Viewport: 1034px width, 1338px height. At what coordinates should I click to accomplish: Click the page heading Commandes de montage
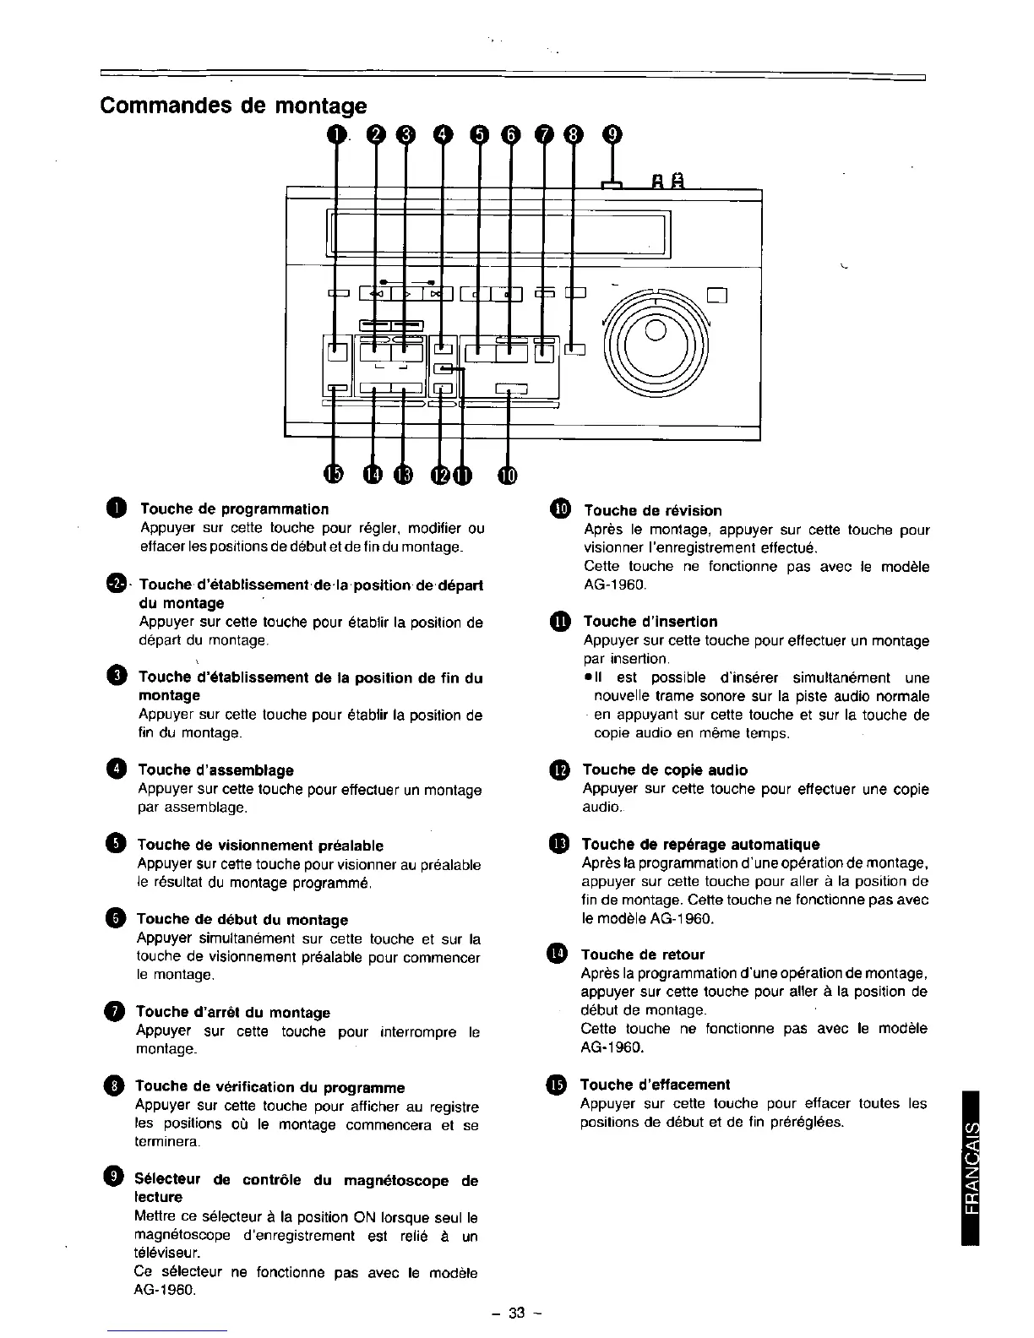[x=233, y=106]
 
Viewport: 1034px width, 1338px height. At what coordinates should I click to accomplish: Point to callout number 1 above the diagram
[x=338, y=133]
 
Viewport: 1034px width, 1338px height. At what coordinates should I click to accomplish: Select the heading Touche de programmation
[x=234, y=509]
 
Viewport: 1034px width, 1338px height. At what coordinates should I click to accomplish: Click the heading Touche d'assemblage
[x=215, y=770]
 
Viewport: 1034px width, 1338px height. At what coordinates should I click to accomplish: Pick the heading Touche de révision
[x=653, y=511]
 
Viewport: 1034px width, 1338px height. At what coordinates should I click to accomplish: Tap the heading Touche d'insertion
[x=650, y=622]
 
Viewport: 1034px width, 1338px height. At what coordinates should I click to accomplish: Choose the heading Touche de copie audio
[x=665, y=770]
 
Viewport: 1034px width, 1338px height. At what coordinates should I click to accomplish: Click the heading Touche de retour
[x=643, y=955]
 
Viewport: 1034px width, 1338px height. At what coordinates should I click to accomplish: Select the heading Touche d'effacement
[x=656, y=1085]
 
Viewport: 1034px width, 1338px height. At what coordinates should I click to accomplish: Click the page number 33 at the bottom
[x=517, y=1313]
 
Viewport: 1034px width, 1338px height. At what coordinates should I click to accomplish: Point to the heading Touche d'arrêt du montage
[x=233, y=1013]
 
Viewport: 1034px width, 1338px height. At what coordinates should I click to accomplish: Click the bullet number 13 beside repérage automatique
[x=559, y=845]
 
